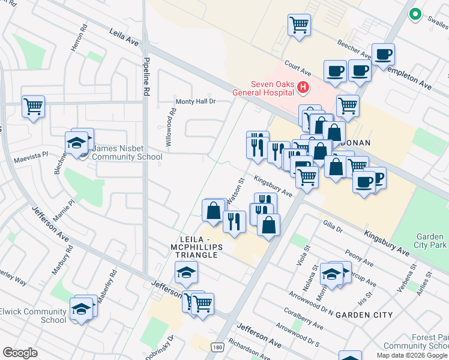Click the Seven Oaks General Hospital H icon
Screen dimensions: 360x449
point(303,88)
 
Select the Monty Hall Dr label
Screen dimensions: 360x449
point(194,101)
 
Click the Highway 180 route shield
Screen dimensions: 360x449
point(217,346)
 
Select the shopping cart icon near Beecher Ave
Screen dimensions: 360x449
point(299,25)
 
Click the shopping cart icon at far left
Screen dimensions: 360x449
point(34,107)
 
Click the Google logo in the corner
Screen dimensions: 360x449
point(20,353)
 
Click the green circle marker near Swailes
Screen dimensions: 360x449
point(414,14)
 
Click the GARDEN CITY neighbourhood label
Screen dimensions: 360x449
point(364,314)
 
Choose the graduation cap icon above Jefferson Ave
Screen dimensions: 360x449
point(187,273)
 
